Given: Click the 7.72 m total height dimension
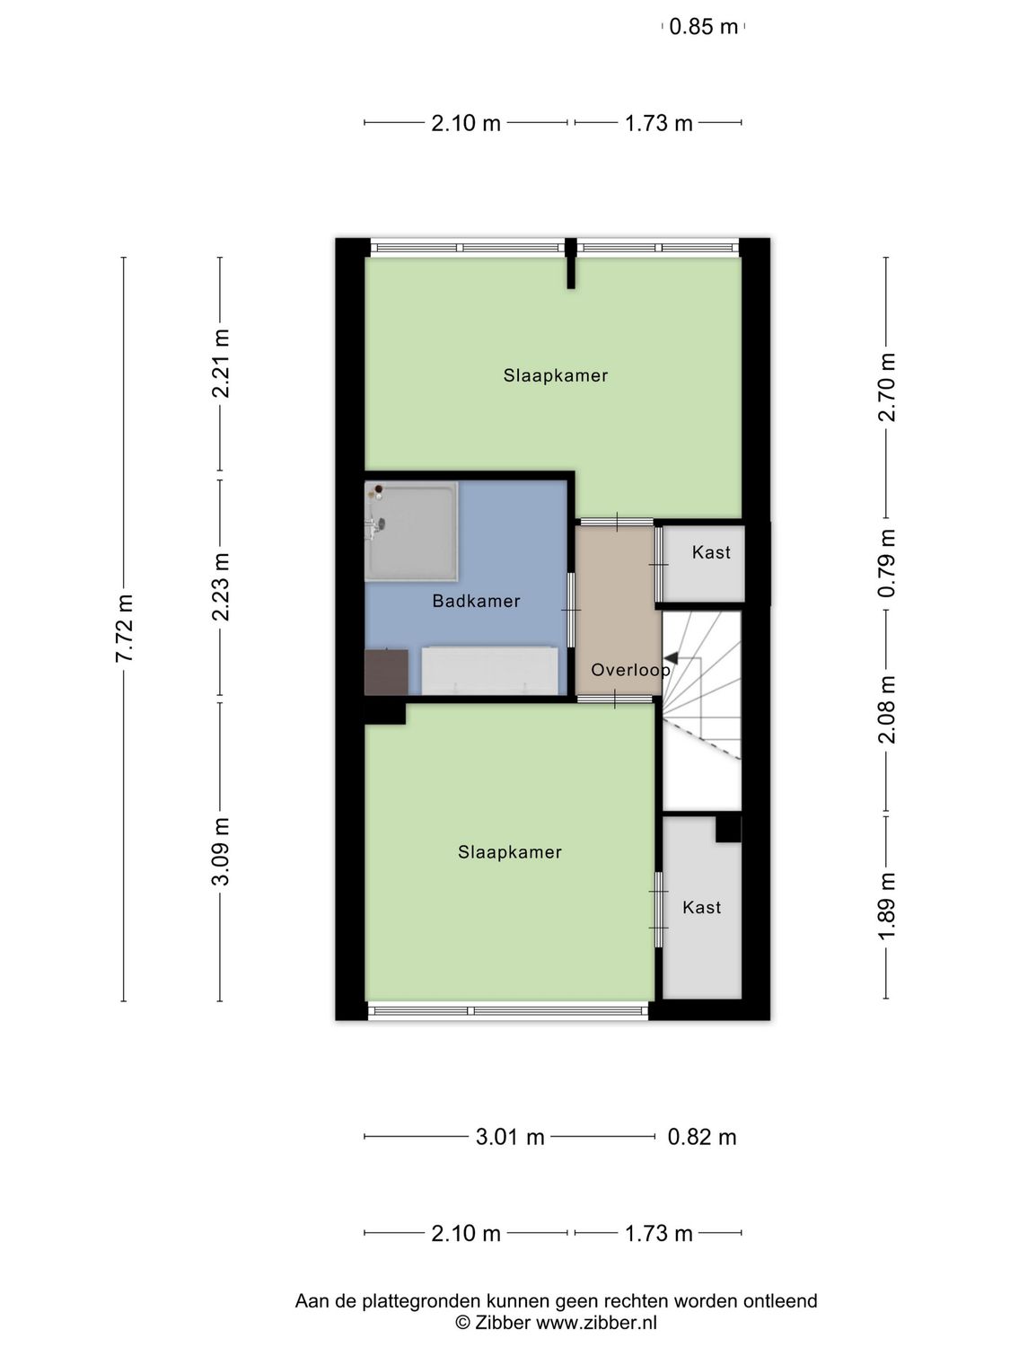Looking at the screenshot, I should [124, 629].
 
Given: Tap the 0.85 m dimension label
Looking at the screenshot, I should [703, 27].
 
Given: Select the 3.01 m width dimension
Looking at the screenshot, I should [510, 1137].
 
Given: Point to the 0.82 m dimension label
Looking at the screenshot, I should [702, 1137].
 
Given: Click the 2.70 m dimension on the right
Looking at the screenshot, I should [887, 387].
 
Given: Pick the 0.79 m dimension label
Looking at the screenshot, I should [887, 563].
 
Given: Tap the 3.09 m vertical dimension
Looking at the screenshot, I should [221, 851].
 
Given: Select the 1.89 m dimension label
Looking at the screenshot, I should [887, 906].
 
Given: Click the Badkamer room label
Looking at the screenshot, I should [476, 602].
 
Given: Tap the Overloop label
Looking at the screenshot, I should [630, 670].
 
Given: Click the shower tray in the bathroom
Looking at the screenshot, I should [411, 532].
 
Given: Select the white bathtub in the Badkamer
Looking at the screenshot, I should [489, 670].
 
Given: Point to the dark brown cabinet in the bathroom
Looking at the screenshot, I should [386, 672].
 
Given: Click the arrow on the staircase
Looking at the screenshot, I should [671, 658].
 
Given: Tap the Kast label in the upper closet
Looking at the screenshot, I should [711, 553].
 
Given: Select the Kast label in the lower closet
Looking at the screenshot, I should [701, 908].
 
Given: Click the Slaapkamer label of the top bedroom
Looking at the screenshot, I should [555, 376].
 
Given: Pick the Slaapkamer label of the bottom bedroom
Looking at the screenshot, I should [509, 852].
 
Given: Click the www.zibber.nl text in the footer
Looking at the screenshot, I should [596, 1323].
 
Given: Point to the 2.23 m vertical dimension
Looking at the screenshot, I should [221, 586].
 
